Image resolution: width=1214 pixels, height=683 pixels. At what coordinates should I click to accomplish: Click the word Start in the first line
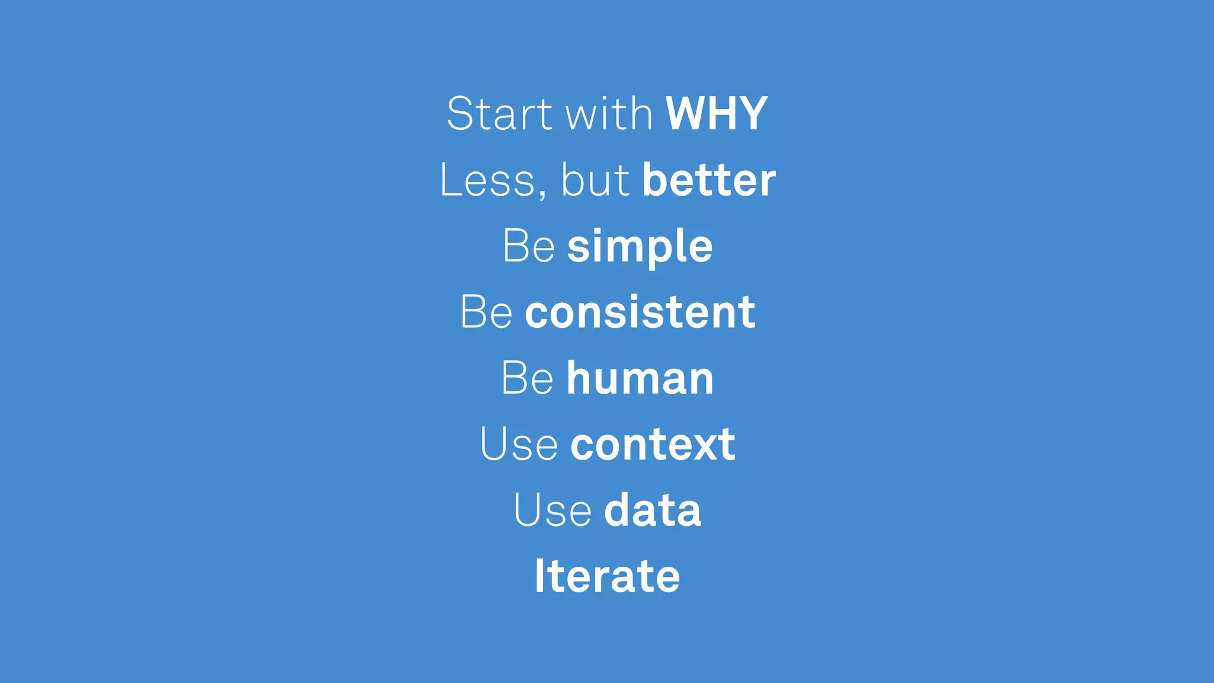(x=499, y=114)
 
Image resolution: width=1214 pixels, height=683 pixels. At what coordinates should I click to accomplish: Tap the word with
(x=609, y=114)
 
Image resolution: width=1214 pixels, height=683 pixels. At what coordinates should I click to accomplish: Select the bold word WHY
(x=717, y=114)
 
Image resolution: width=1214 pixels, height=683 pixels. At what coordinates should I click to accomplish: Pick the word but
(x=595, y=180)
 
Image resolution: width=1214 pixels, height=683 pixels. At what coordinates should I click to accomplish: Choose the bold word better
(x=709, y=180)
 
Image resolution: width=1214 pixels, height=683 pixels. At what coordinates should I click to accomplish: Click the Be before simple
(x=529, y=246)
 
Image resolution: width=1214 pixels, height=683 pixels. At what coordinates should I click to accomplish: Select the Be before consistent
(x=486, y=312)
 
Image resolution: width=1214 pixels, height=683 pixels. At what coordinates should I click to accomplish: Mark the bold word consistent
(x=640, y=312)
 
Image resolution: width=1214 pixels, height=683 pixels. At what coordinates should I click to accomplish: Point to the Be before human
(x=527, y=378)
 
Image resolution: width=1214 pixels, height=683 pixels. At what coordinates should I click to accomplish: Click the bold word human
(x=640, y=378)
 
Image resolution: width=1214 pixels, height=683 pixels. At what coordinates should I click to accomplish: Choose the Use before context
(x=519, y=445)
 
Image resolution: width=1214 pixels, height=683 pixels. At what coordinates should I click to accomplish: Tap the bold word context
(x=653, y=445)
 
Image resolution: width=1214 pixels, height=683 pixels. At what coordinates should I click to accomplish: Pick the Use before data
(x=552, y=510)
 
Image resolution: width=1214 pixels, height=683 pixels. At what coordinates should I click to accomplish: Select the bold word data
(x=653, y=510)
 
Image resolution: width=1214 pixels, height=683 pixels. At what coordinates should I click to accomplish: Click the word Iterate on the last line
(x=607, y=576)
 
